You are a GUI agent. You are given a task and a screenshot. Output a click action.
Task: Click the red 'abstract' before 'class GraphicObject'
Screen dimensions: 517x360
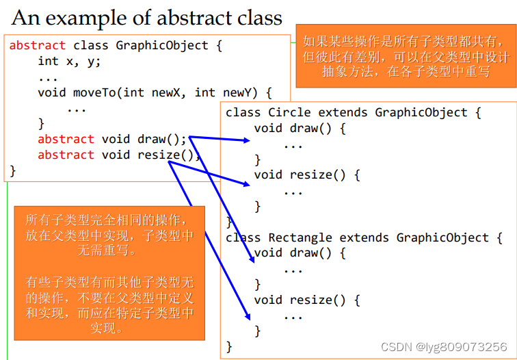pos(37,45)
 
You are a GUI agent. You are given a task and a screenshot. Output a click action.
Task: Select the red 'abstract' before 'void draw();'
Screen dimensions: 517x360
pos(66,139)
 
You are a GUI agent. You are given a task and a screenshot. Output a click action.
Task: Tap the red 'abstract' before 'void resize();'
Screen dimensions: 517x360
pos(66,155)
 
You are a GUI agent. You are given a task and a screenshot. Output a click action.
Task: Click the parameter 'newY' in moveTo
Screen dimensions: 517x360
pos(237,92)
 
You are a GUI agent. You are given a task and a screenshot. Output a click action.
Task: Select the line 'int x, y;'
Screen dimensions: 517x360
pos(69,62)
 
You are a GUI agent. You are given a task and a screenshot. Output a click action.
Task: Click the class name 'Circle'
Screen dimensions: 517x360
pos(289,112)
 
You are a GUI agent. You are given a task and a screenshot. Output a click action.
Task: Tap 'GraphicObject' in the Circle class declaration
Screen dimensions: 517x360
pos(421,112)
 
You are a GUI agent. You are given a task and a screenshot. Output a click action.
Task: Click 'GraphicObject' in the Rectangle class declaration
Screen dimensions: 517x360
pos(442,237)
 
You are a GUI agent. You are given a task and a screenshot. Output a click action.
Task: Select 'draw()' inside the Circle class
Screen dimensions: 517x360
pos(310,128)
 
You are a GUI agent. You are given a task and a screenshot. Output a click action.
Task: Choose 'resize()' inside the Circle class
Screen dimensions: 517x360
pos(317,175)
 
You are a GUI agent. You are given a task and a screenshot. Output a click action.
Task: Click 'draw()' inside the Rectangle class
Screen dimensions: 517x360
pos(310,253)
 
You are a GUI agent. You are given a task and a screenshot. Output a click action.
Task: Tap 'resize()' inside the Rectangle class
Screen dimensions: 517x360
pos(317,300)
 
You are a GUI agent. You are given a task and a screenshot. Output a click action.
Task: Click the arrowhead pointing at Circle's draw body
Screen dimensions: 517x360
pos(247,140)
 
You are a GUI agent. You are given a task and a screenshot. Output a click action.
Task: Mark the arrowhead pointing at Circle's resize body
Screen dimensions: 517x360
pos(247,184)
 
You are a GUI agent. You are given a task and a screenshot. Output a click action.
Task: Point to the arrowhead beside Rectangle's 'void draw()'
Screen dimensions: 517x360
pos(252,259)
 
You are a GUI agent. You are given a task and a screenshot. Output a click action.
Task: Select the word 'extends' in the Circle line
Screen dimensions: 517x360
pos(343,112)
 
